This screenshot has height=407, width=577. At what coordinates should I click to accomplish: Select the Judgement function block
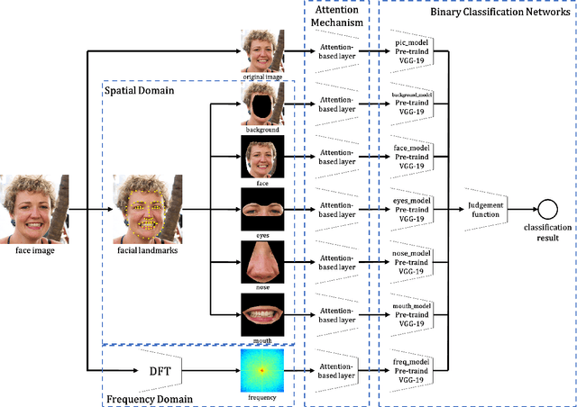(486, 210)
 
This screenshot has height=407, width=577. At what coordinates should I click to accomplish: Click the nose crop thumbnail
(262, 262)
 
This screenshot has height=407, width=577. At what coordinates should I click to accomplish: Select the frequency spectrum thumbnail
(262, 369)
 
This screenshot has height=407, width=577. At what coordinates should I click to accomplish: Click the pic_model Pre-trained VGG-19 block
(411, 51)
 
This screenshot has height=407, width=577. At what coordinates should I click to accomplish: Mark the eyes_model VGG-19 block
(411, 210)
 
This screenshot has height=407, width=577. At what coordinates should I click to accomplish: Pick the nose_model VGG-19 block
(411, 263)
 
